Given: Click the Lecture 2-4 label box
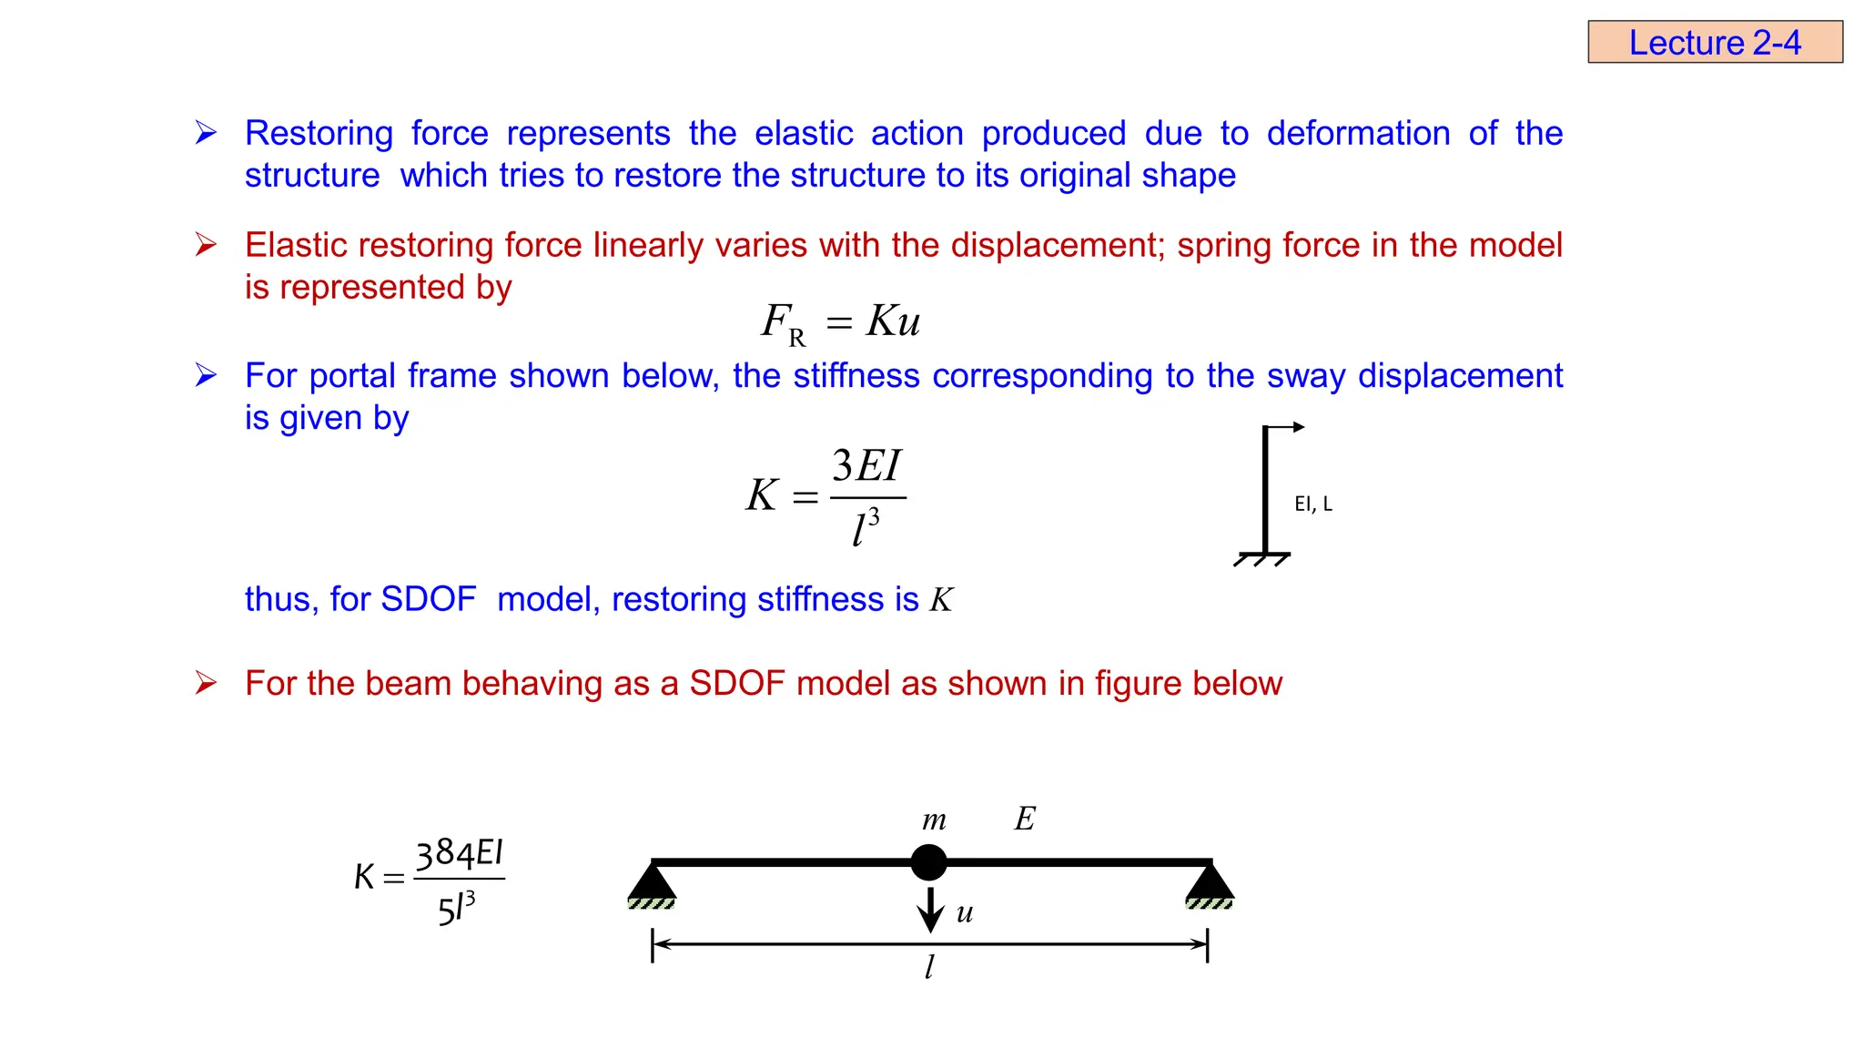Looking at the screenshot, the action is (1715, 42).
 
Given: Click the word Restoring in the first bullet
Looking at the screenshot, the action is (319, 133).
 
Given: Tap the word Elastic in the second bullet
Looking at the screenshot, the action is (297, 245).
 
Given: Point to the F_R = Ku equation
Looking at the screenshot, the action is (840, 321).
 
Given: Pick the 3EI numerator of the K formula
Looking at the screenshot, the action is (866, 466).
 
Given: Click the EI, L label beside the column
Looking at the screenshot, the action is (1312, 504).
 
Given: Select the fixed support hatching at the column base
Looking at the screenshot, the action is (1262, 559).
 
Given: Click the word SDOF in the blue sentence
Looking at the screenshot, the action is (428, 599).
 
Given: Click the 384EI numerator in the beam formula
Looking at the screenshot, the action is (459, 854).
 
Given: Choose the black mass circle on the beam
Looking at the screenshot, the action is (928, 862).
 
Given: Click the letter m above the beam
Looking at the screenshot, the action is (934, 820).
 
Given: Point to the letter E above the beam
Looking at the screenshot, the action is (1024, 819).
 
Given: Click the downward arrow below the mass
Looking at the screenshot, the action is (929, 910).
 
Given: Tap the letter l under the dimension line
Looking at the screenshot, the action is (929, 967).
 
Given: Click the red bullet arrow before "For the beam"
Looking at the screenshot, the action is (206, 683).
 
